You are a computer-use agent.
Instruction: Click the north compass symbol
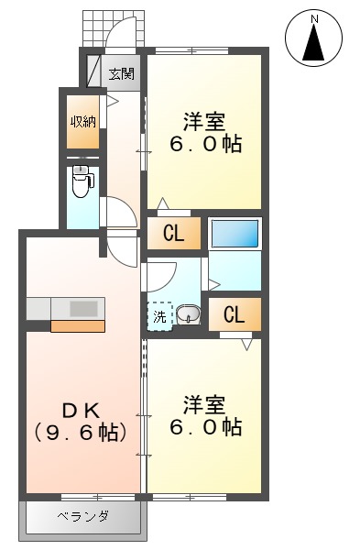point(315,39)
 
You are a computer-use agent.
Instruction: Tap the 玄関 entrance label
point(122,73)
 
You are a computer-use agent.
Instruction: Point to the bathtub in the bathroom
point(235,234)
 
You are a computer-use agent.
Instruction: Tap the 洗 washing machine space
point(160,317)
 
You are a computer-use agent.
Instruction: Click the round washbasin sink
point(188,315)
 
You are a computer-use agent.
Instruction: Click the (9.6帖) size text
point(81,432)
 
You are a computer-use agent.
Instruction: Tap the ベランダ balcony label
point(83,517)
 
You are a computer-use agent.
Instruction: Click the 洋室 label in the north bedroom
point(204,121)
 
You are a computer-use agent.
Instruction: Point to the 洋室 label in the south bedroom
point(204,403)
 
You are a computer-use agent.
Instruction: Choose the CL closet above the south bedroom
point(235,316)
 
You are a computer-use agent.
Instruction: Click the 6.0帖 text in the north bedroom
point(204,145)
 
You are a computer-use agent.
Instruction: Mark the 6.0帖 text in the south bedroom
point(204,427)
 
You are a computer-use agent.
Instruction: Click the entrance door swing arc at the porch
point(120,37)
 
